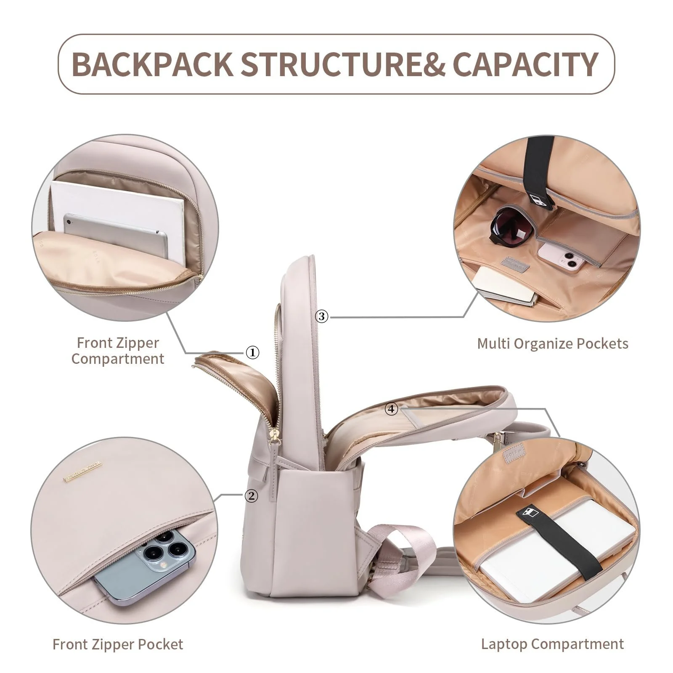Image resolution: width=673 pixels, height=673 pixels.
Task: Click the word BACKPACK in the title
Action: pos(152,64)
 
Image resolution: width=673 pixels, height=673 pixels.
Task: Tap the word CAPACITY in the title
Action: pos(525,64)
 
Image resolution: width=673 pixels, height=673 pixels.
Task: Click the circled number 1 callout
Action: pos(252,352)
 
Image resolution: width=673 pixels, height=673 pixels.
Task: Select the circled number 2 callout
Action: pos(251,496)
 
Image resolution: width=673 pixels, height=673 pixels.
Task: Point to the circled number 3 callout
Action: pos(322,316)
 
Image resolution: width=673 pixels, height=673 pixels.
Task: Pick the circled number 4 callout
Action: pos(391,408)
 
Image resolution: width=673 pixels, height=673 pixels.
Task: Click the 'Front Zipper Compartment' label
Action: pos(118,350)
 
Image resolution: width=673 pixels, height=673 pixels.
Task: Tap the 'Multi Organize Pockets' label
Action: pos(553,344)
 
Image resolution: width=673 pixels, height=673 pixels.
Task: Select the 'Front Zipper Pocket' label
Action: pos(118,644)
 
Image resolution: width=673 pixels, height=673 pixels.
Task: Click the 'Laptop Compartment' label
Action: pos(552,644)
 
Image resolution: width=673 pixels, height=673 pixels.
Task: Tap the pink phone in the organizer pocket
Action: pos(563,257)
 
